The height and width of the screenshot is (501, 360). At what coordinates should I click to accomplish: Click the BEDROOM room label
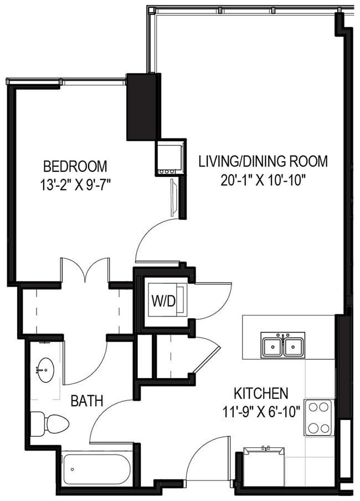pos(75,166)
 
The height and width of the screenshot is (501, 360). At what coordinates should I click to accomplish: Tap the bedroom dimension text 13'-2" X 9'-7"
pos(75,183)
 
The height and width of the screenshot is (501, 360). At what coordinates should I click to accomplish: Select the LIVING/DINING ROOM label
pos(263,161)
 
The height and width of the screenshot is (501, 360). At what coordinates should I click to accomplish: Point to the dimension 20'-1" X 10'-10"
pos(263,179)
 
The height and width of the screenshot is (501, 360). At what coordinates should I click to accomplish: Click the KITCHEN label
pos(261,393)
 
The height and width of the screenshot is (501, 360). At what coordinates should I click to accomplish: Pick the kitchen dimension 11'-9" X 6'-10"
pos(261,411)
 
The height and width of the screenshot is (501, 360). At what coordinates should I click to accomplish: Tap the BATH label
pos(87,401)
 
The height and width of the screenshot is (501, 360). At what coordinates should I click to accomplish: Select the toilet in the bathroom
pos(50,425)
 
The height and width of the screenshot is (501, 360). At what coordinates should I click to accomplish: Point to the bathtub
pos(97,469)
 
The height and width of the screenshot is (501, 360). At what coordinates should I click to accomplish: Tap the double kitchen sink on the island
pos(282,346)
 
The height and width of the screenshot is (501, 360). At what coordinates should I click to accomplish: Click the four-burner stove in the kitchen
pos(319,417)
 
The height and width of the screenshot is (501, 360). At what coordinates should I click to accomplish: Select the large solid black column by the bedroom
pos(141,106)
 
